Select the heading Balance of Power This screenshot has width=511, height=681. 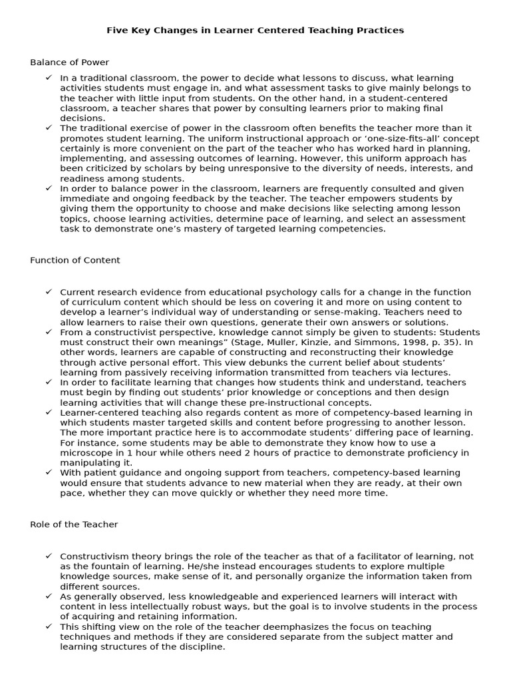click(69, 63)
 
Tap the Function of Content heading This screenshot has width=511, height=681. click(75, 260)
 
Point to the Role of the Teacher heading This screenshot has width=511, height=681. click(74, 524)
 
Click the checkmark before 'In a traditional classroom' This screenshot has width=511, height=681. click(49, 78)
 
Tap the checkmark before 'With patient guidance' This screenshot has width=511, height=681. click(49, 472)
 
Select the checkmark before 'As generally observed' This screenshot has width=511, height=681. click(49, 597)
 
